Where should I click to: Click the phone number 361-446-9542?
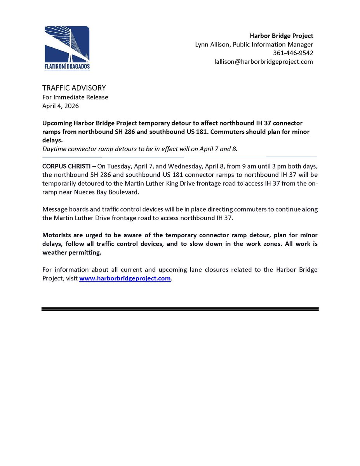(x=296, y=53)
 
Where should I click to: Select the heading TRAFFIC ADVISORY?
(x=74, y=88)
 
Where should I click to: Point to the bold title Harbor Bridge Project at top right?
(x=282, y=36)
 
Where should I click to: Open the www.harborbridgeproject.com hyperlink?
(x=125, y=278)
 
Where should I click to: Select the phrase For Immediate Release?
(x=75, y=97)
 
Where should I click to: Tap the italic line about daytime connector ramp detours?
(x=140, y=149)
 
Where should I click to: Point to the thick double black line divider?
(x=180, y=309)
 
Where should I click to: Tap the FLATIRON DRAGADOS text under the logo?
(x=67, y=67)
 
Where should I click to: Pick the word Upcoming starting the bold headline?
(x=57, y=123)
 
